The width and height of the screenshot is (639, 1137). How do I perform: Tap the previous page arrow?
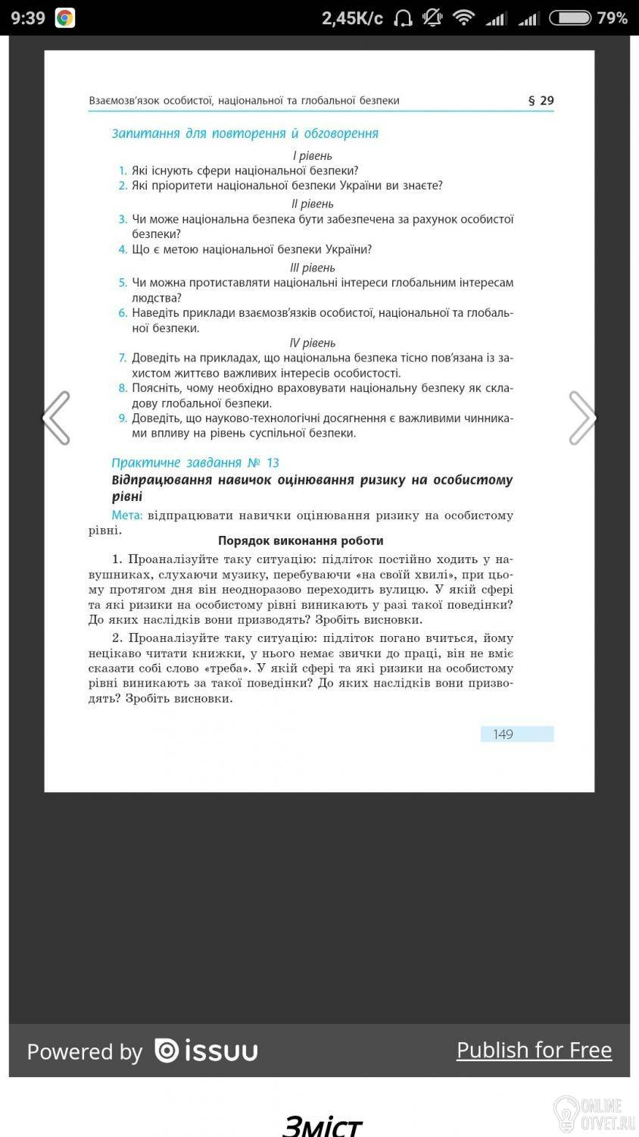click(56, 418)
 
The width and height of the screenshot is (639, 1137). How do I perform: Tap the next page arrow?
click(582, 418)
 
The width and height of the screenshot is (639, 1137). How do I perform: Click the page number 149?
click(503, 734)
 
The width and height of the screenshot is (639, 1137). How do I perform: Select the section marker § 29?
click(541, 100)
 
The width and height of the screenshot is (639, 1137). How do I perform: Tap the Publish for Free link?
click(534, 1050)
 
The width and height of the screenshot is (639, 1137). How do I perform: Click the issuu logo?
click(206, 1051)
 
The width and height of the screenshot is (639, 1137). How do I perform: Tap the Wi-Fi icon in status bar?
click(463, 17)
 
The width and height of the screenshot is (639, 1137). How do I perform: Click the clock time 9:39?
click(28, 17)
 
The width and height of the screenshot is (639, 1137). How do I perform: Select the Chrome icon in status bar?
click(65, 17)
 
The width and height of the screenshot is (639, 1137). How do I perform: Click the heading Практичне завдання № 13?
click(195, 462)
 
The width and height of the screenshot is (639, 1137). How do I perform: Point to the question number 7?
click(123, 358)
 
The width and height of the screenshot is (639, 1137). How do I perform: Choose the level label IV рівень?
click(312, 343)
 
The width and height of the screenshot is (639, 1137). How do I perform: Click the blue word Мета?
click(127, 515)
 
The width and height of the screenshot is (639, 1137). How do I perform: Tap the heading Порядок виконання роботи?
click(301, 540)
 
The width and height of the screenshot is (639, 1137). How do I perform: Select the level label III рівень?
click(312, 268)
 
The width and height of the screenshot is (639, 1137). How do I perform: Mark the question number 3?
click(123, 219)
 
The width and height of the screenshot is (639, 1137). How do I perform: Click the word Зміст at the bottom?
click(321, 1125)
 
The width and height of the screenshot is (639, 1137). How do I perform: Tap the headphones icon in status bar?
click(404, 17)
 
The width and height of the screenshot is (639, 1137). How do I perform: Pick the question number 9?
click(123, 418)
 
